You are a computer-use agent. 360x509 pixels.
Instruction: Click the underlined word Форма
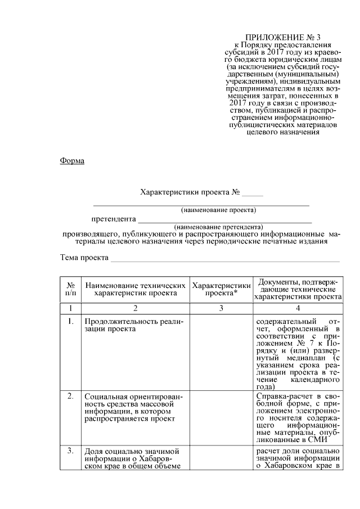click(x=72, y=161)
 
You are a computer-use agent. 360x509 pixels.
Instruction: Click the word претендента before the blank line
click(x=114, y=219)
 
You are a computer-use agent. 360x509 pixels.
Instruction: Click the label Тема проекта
click(x=84, y=258)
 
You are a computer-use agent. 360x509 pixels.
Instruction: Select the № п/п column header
click(x=71, y=289)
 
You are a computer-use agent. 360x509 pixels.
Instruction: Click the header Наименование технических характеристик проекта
click(x=136, y=289)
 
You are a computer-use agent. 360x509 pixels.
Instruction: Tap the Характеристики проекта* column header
click(x=221, y=289)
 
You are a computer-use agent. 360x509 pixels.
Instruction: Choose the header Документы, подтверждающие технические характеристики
click(x=298, y=289)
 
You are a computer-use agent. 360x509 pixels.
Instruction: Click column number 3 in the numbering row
click(x=221, y=308)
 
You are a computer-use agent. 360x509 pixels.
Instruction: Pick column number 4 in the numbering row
click(x=298, y=308)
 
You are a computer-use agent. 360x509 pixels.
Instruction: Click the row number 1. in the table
click(x=71, y=322)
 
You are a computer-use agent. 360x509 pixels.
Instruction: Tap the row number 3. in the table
click(x=71, y=450)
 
